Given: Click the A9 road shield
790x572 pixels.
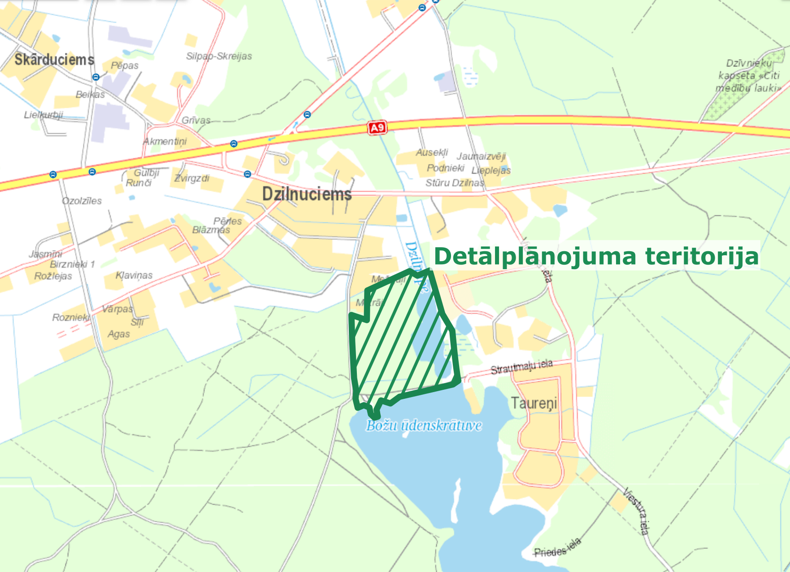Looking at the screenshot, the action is tap(377, 128).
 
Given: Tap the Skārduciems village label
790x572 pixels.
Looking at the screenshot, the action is tap(54, 60).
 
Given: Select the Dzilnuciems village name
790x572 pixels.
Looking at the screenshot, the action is tap(307, 194).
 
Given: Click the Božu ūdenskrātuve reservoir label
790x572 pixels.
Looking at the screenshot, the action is tap(424, 425).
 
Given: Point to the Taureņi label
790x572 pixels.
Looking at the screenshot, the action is tap(534, 403).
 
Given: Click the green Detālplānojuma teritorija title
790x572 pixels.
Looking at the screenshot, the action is tap(596, 257).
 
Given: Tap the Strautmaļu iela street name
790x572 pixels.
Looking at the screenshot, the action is tap(521, 367).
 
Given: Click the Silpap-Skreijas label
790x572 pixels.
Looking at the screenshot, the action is tap(219, 56).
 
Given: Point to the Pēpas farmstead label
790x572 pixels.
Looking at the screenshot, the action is tap(125, 65).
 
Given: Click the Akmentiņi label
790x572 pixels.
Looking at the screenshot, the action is tap(165, 141).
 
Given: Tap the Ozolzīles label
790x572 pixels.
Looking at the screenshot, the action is tap(82, 201).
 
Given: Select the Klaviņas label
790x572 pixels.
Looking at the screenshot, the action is tap(134, 275).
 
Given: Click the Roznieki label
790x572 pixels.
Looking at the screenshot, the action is tap(71, 318).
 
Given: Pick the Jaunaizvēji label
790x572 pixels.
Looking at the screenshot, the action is tap(481, 156).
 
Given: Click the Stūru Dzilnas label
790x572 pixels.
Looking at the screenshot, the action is tap(455, 183).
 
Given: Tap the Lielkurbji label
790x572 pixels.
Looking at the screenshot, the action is tap(43, 115).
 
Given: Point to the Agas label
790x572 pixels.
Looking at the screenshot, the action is tap(119, 334).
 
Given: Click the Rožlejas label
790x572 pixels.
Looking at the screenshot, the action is tap(53, 276).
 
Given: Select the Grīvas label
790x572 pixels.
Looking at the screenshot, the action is tap(196, 120).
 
